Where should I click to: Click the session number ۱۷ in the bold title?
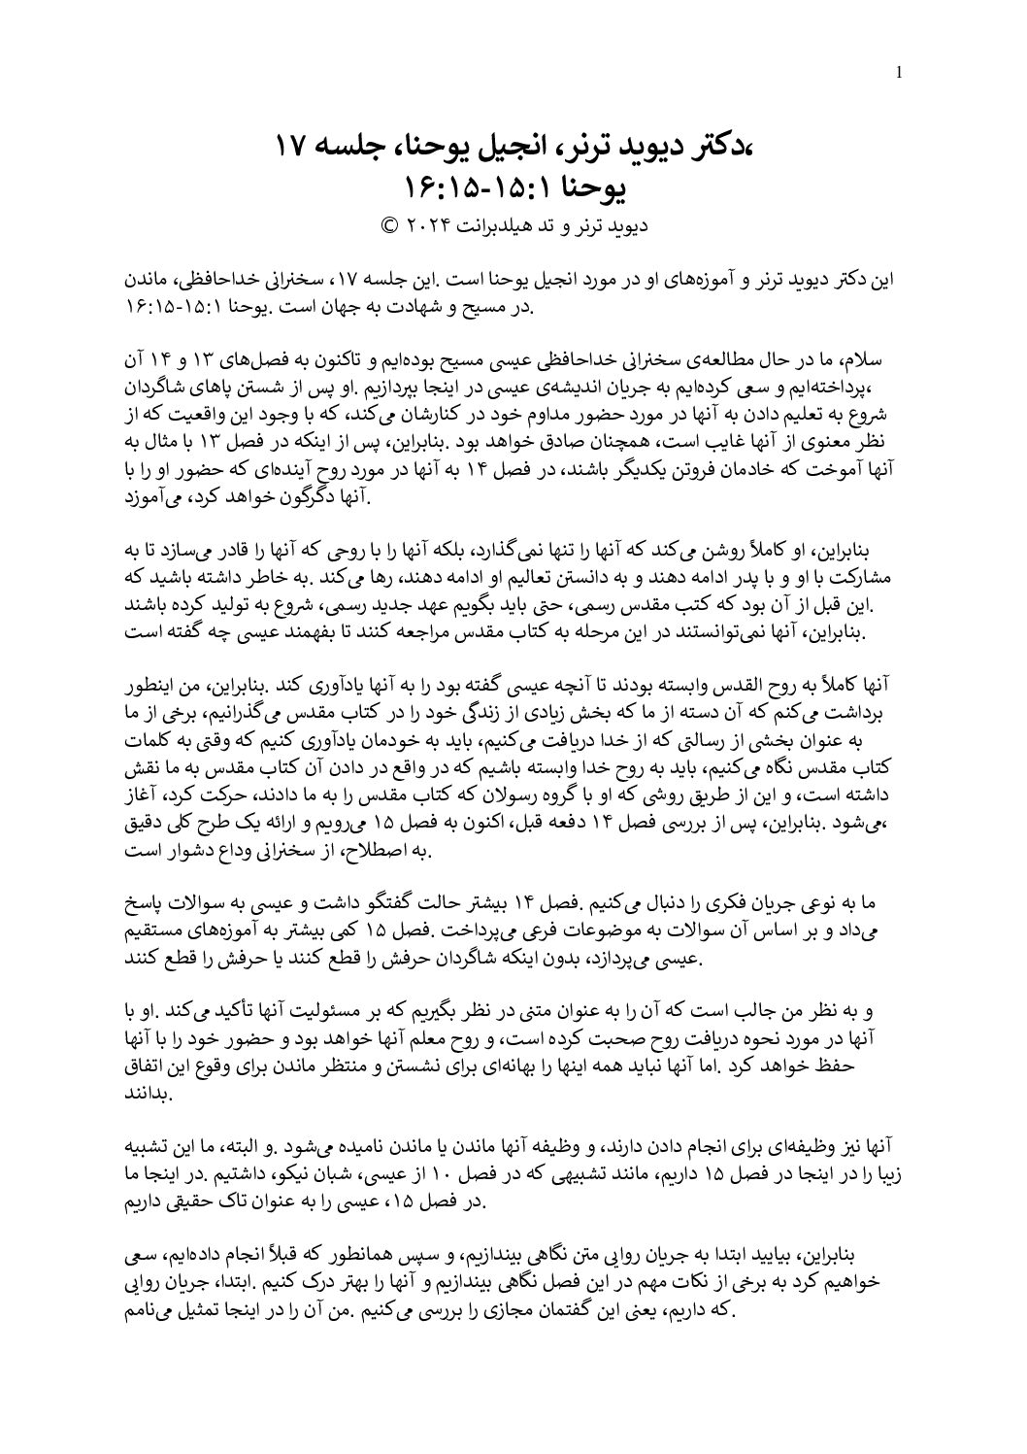coord(291,148)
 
